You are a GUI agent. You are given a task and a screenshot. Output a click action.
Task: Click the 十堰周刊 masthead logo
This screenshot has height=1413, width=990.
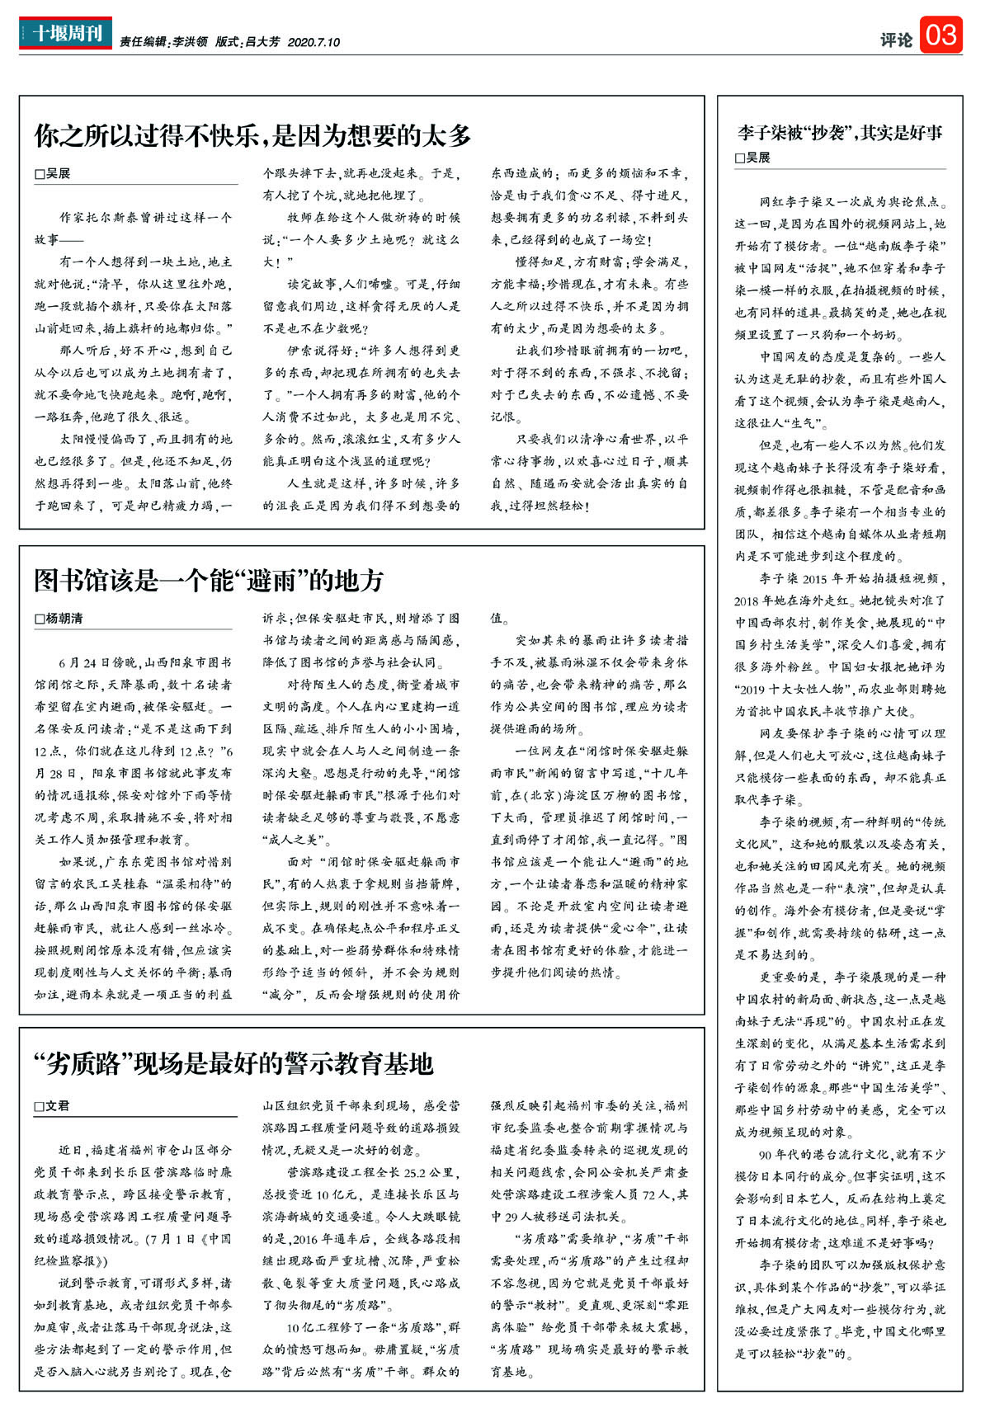pos(65,34)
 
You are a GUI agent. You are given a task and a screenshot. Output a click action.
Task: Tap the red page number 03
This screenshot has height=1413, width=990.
pos(940,35)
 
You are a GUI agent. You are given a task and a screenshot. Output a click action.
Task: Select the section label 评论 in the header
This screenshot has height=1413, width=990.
pos(896,39)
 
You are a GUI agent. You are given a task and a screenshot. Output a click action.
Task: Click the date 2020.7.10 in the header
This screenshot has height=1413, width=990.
pos(313,42)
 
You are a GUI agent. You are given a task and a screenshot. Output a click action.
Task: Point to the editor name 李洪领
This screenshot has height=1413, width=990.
pos(190,42)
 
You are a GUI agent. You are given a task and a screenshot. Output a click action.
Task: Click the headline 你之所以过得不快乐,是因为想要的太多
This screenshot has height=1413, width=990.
pos(252,136)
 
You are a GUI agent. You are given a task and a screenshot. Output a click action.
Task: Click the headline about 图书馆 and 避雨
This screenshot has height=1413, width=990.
pos(209,581)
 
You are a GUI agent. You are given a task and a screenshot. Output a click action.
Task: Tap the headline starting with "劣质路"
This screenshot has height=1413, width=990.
pos(233,1064)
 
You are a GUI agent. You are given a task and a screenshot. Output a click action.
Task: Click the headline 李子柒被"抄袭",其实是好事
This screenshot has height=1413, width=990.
pos(840,133)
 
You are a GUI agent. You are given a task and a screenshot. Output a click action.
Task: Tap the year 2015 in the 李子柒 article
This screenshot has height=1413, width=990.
pos(814,579)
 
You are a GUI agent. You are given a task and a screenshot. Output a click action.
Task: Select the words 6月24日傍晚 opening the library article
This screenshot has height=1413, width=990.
pos(89,662)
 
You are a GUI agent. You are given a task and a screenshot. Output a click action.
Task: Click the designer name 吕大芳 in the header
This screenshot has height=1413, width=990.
pos(262,42)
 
